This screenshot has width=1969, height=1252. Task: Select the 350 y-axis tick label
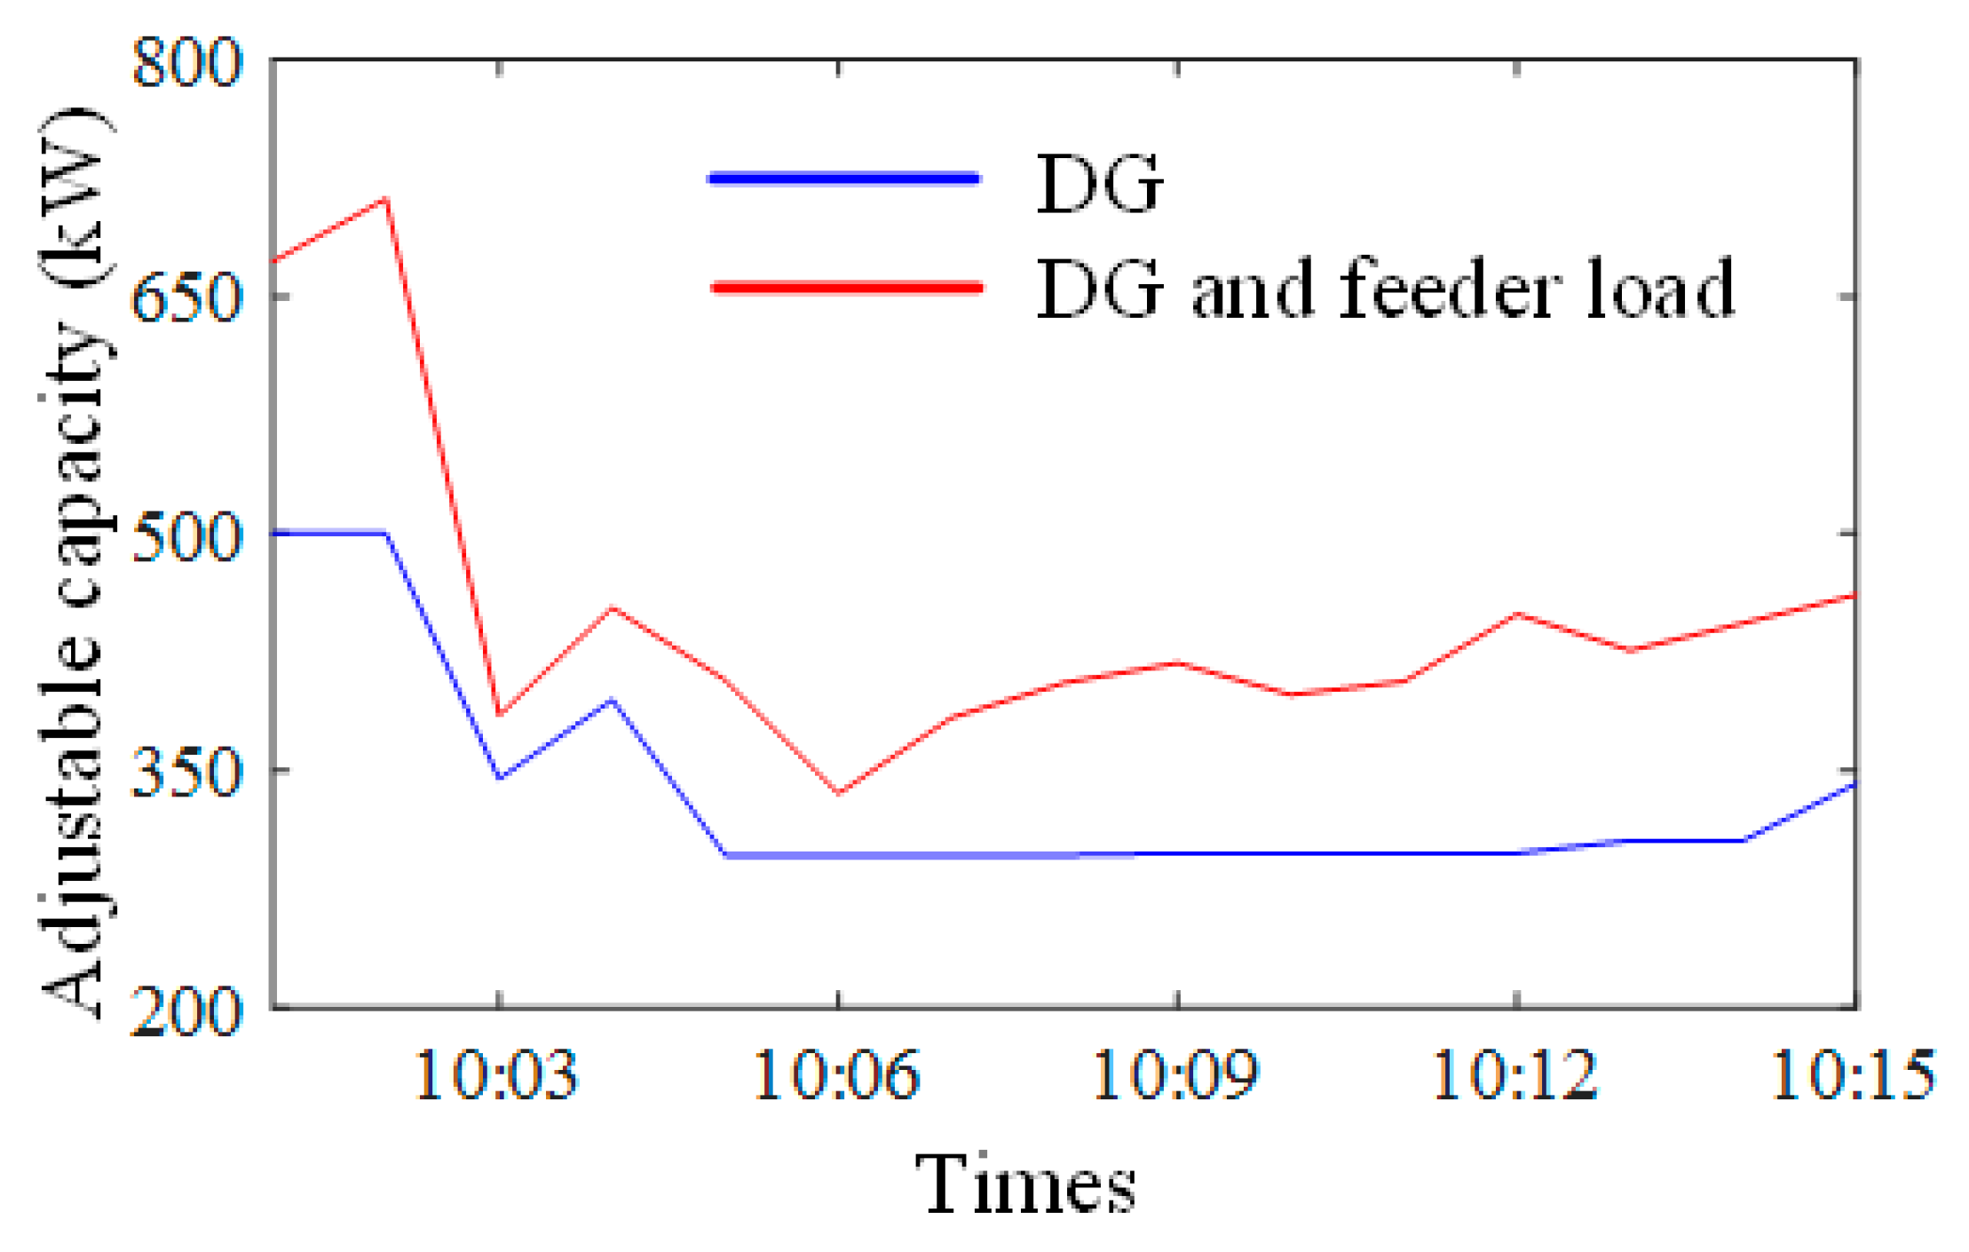coord(186,770)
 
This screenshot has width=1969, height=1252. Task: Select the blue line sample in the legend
coord(843,179)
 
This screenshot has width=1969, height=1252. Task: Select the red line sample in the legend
coord(847,287)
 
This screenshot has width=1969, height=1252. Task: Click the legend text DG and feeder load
coord(1385,289)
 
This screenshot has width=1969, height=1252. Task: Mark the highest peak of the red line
coord(385,199)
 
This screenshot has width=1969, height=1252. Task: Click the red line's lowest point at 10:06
coord(838,792)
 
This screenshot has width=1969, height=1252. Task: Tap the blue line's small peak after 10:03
coord(611,701)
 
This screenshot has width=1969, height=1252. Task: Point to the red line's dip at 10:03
coord(499,714)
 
